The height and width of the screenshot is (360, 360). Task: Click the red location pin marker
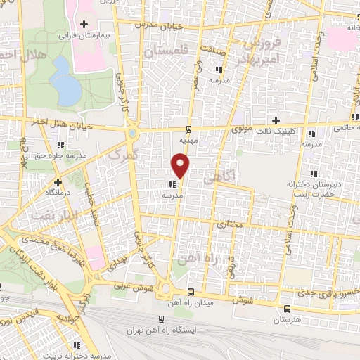pos(181,166)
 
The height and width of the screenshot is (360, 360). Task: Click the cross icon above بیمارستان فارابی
pos(84,24)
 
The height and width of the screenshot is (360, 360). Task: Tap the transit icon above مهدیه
pos(188,129)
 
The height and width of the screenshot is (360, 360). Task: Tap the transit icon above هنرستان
pos(286,309)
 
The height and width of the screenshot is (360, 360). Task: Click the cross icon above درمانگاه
pos(27,181)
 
